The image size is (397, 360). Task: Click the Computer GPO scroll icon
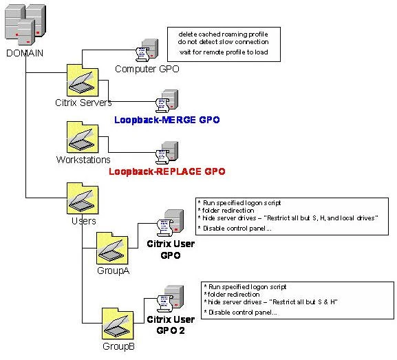tap(147, 51)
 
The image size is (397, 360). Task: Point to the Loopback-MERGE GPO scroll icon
tap(168, 100)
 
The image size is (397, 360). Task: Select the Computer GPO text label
tap(141, 69)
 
